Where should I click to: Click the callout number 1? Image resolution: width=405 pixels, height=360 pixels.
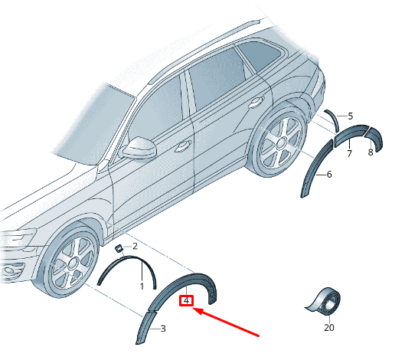pos(142,286)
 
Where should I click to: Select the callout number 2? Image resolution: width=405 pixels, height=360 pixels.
pos(135,247)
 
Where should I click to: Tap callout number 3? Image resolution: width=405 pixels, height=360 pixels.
pos(163,329)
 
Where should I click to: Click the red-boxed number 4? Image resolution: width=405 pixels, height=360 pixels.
pos(187,300)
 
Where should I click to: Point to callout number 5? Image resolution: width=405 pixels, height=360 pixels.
pos(350,116)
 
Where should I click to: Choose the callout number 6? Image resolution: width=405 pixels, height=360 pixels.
pos(329,175)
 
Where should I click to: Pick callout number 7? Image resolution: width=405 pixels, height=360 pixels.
pos(349,153)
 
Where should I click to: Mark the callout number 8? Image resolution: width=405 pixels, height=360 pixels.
pos(371,152)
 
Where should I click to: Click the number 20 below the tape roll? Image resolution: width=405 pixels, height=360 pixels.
pos(329,327)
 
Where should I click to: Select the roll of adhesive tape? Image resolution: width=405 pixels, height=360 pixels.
pos(325,301)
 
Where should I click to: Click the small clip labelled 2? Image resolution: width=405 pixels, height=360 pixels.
pos(119,249)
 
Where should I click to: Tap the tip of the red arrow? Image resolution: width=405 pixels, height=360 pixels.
pos(193,309)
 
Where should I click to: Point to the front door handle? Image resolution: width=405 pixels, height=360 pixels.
pos(183,146)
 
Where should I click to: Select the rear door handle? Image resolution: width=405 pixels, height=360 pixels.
pos(256,103)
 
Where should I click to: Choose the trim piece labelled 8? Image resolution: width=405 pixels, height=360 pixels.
pos(374,139)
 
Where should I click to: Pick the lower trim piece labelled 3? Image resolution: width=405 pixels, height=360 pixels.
pos(145,328)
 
